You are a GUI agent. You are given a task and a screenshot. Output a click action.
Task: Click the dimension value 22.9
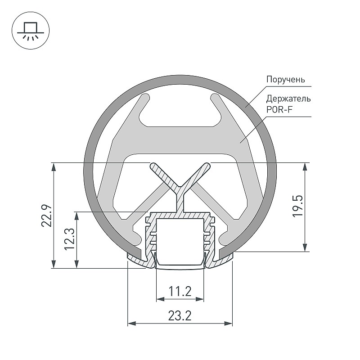click(47, 216)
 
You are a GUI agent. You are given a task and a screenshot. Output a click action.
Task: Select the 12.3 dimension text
click(70, 239)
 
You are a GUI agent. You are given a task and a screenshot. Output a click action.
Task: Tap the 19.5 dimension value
click(298, 206)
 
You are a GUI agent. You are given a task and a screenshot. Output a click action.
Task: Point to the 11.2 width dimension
click(180, 292)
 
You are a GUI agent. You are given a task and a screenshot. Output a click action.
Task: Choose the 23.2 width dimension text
click(180, 316)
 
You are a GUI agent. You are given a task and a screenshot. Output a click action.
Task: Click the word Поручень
click(286, 80)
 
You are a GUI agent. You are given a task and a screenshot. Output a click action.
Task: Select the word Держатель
click(288, 99)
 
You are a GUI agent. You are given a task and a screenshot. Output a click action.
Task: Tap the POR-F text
click(279, 109)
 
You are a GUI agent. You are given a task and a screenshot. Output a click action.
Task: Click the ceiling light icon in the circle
click(31, 31)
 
